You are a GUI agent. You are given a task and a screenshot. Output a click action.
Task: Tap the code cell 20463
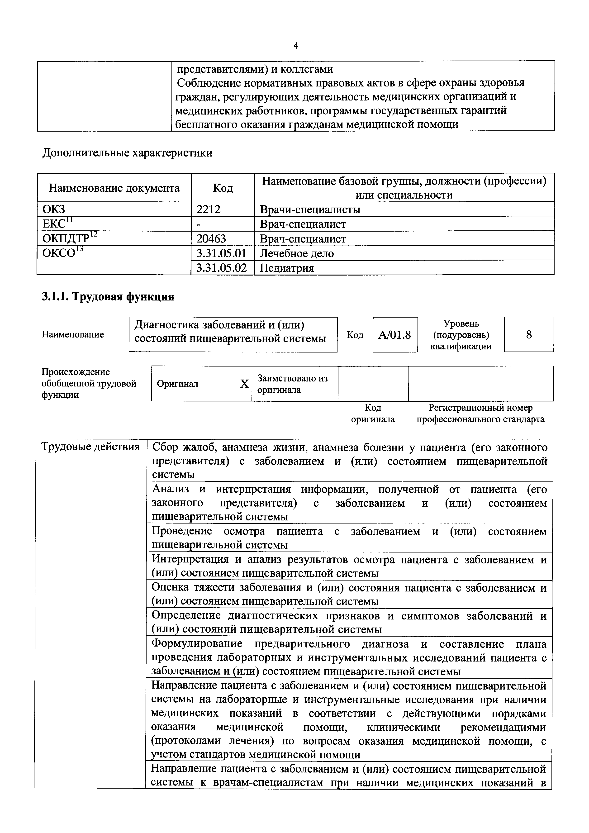(211, 238)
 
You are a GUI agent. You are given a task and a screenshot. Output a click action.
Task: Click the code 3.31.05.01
(222, 253)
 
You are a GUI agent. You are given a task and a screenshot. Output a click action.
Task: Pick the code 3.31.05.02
(222, 268)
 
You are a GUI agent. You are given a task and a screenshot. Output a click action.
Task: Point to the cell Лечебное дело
(297, 253)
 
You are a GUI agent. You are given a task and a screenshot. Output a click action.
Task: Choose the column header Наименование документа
(114, 188)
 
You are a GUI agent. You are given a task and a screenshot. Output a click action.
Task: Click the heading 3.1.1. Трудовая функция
(108, 297)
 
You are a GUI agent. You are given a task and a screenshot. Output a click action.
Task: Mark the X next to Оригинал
(244, 384)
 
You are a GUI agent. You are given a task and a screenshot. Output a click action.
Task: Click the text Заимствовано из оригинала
(292, 384)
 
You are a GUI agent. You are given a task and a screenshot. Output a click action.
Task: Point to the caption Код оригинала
(373, 414)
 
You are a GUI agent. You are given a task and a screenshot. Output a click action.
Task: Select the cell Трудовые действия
(91, 447)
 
